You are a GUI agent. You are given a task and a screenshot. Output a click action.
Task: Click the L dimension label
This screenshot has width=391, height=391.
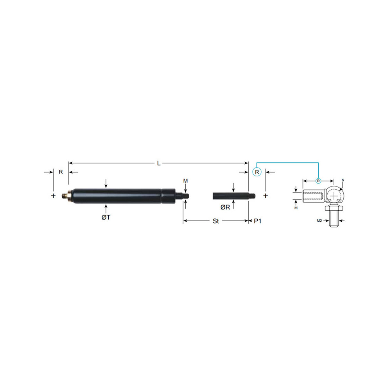coord(159,163)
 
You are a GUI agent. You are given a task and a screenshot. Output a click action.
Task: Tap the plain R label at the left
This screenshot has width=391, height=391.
coord(61,172)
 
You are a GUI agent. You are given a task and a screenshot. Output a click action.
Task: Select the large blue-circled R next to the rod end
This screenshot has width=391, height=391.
coord(257,172)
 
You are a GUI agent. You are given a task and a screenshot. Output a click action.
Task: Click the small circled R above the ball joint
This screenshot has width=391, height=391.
coord(318,181)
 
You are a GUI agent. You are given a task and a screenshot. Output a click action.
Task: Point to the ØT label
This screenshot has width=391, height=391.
coord(106,217)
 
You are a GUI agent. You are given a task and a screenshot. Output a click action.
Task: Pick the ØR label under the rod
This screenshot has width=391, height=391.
coord(225,207)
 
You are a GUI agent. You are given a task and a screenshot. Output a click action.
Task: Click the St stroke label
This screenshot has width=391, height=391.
coord(216,221)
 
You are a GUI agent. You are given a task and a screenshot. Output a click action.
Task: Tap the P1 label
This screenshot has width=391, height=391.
coord(258,221)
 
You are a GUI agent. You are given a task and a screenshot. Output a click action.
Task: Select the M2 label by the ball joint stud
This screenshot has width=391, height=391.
coord(319,221)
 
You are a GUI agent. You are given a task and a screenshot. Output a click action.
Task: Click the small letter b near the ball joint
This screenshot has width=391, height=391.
coord(343,180)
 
